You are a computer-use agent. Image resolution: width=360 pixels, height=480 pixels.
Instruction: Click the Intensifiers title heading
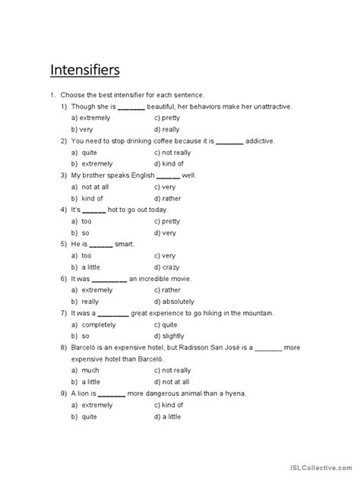84,70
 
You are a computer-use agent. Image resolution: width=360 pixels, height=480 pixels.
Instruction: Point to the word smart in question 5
124,244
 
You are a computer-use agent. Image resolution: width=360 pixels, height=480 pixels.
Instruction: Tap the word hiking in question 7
204,313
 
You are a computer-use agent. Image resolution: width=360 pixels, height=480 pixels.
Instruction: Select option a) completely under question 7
92,324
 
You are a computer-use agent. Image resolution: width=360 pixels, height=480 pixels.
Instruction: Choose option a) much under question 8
85,370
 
